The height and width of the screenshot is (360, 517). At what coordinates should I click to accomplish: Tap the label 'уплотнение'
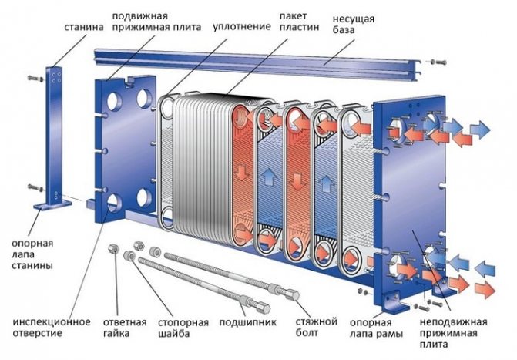coord(247,26)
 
